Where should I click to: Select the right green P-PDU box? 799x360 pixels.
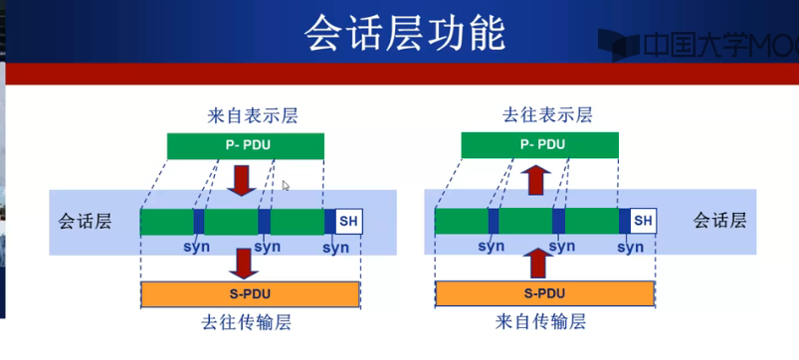(541, 145)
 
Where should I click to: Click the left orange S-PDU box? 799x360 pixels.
(250, 294)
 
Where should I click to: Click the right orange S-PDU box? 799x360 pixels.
(543, 294)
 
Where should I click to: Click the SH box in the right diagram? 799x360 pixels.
(644, 221)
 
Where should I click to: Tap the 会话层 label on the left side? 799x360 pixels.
(86, 221)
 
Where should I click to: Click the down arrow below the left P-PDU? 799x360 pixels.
(241, 182)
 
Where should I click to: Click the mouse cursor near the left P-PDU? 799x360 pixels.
(287, 185)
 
